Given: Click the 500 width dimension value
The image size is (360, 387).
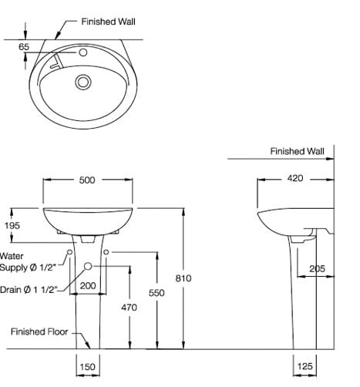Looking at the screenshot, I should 87,180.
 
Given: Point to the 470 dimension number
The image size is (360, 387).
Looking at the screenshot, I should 129,307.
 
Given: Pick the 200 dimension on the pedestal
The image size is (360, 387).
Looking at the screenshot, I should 87,285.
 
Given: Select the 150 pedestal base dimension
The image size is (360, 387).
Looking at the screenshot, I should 87,367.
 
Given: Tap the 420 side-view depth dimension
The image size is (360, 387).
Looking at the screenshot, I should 295,178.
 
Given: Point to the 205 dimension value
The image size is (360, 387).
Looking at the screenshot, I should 316,268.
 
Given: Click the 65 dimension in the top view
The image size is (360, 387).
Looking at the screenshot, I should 24,47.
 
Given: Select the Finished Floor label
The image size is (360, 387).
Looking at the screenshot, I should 39,332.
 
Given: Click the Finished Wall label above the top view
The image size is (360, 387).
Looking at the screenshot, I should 109,22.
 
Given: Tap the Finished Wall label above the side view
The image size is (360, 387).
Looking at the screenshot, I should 298,152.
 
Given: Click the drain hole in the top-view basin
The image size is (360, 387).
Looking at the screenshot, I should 83,81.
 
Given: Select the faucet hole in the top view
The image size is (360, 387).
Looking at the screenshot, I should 81,53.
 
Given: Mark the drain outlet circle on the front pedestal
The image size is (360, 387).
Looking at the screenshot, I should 87,266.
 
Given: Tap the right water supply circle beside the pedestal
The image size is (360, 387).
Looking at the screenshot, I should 106,252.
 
